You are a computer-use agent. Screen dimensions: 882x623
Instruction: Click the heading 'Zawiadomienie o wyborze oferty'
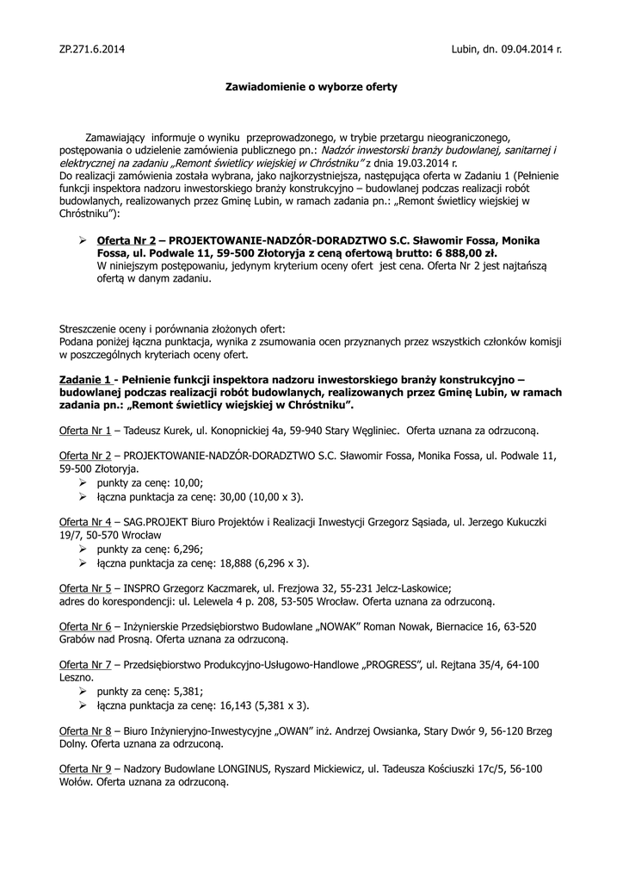click(311, 87)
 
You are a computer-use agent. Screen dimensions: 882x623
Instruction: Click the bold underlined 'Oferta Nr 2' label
click(126, 239)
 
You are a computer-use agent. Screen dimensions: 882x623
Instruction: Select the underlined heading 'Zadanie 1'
click(85, 380)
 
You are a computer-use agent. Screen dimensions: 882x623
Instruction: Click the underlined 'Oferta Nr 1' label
click(85, 429)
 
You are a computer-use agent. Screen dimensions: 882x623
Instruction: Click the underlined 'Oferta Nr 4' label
click(85, 522)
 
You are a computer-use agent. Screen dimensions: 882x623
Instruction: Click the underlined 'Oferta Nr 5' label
click(85, 588)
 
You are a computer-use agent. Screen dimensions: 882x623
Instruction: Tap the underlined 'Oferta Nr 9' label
click(85, 768)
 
